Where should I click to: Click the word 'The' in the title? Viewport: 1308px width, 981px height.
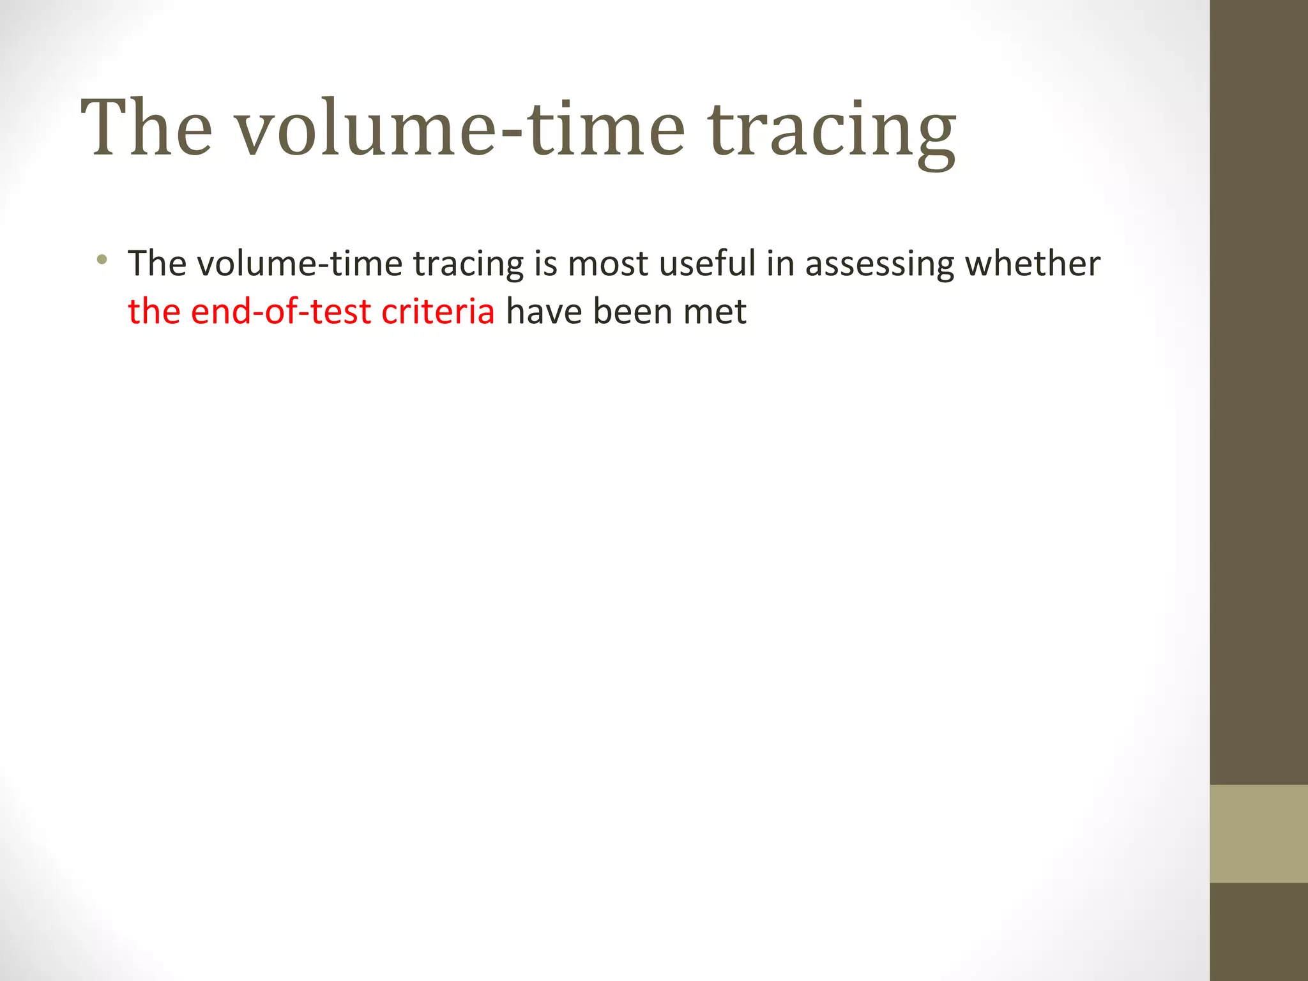pyautogui.click(x=146, y=128)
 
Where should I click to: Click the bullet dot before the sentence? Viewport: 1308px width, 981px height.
pyautogui.click(x=101, y=259)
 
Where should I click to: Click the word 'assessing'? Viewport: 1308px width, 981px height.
pyautogui.click(x=879, y=264)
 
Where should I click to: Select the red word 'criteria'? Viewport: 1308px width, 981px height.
pyautogui.click(x=437, y=312)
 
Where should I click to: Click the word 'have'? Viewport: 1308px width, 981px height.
pyautogui.click(x=544, y=312)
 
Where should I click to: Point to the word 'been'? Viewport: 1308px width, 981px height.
pyautogui.click(x=632, y=312)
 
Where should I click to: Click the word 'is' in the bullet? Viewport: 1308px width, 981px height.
pyautogui.click(x=545, y=263)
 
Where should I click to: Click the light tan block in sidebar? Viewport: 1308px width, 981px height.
pyautogui.click(x=1258, y=833)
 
